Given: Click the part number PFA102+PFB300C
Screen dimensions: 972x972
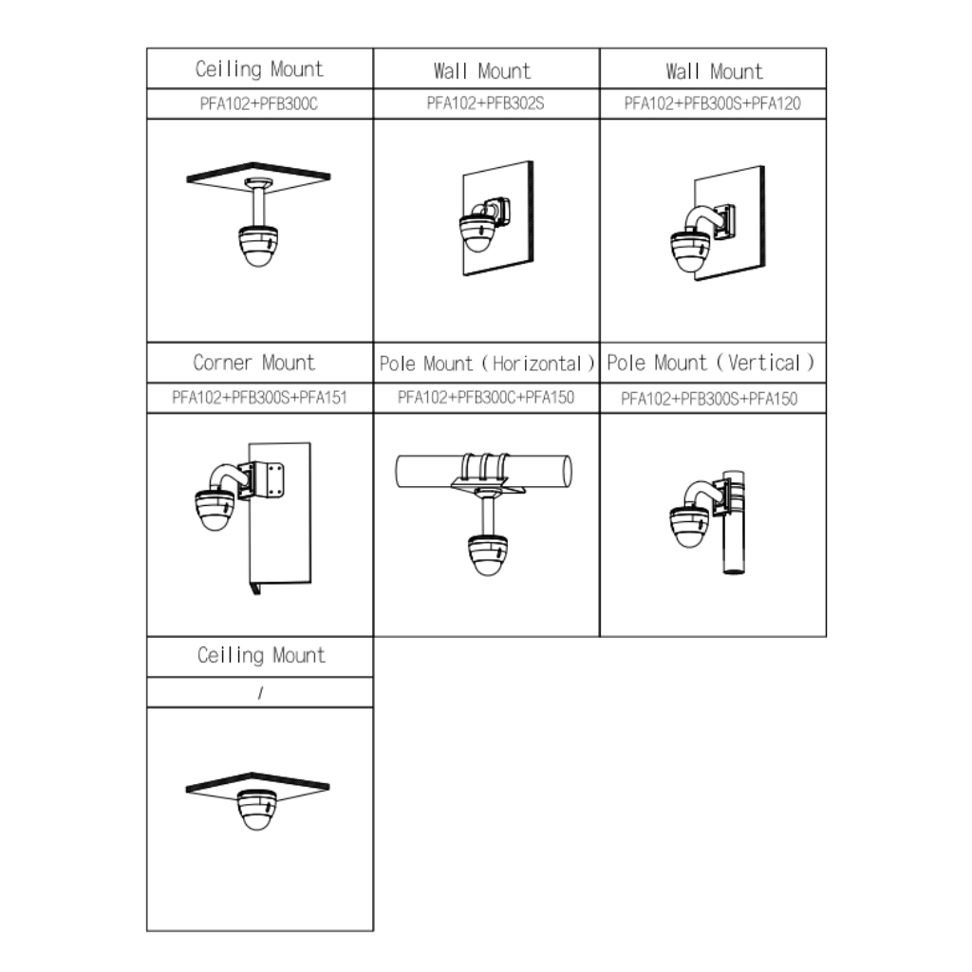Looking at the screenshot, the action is (x=258, y=103).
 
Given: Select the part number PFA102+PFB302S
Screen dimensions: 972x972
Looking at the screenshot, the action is (x=485, y=103).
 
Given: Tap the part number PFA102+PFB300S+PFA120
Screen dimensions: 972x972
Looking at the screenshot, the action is (x=712, y=103).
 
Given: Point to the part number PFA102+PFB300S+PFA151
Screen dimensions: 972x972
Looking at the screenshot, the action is (x=259, y=398).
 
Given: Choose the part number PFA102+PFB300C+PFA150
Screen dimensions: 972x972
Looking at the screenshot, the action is (x=486, y=398).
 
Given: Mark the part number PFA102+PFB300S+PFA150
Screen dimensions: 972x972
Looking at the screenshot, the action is (x=709, y=399).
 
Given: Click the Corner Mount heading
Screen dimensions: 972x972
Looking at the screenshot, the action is (x=254, y=363).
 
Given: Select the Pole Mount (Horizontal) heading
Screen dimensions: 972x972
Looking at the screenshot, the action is (x=487, y=364).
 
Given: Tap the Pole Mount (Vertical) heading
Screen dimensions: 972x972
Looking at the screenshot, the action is (x=710, y=363).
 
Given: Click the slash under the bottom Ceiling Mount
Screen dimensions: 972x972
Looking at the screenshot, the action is (x=260, y=693).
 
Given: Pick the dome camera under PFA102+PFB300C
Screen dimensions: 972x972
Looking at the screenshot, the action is (x=258, y=247).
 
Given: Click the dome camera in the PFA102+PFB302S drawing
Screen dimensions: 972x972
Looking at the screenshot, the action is (x=477, y=234).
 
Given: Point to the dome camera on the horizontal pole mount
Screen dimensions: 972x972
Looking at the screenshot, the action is (x=487, y=555).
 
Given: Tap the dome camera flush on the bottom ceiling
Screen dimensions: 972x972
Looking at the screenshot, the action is (x=256, y=810).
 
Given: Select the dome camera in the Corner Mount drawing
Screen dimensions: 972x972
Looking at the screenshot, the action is (x=215, y=510).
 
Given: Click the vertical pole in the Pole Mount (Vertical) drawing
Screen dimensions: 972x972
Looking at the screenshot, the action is (x=734, y=522).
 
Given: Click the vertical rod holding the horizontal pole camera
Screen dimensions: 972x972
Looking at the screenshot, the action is (x=488, y=515).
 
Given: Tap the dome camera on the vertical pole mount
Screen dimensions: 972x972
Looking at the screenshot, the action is (x=689, y=527).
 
